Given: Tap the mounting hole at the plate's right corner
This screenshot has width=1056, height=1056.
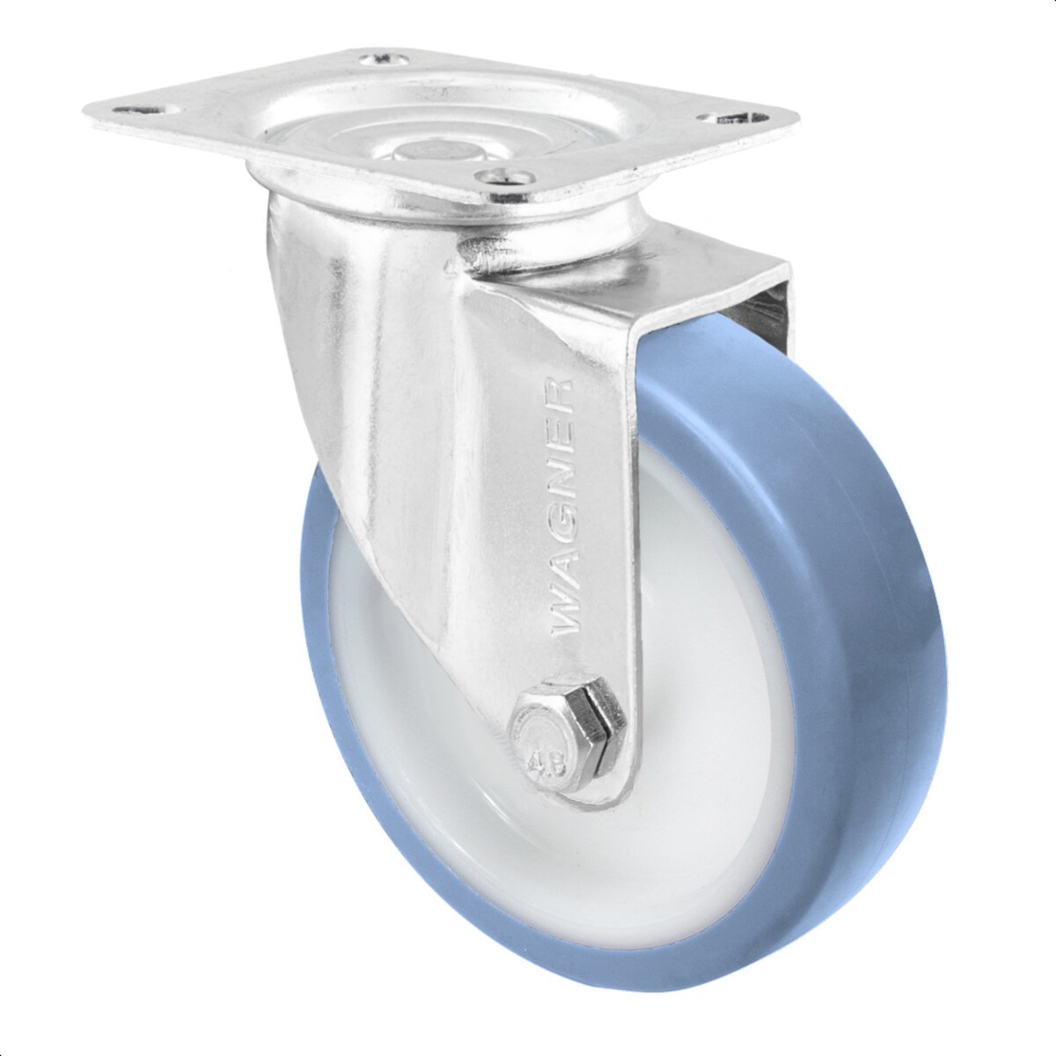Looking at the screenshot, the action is pos(732,117).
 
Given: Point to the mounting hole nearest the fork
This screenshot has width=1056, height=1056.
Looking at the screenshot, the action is pos(504,177).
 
